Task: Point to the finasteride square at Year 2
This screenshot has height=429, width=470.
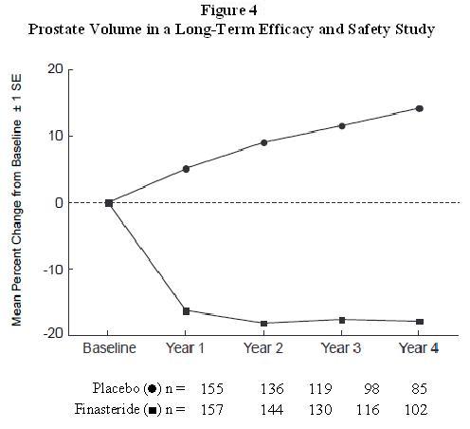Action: pyautogui.click(x=263, y=324)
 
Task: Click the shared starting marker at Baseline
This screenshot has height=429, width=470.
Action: pyautogui.click(x=109, y=202)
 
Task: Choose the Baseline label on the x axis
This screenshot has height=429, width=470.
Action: pyautogui.click(x=109, y=347)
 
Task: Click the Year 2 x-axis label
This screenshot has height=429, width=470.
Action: pyautogui.click(x=263, y=347)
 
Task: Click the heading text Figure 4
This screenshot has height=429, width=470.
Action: pyautogui.click(x=235, y=11)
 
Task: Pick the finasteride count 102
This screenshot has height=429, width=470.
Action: pyautogui.click(x=416, y=409)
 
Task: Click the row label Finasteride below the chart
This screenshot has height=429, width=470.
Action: pyautogui.click(x=109, y=409)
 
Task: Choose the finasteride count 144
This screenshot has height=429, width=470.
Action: pyautogui.click(x=272, y=409)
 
